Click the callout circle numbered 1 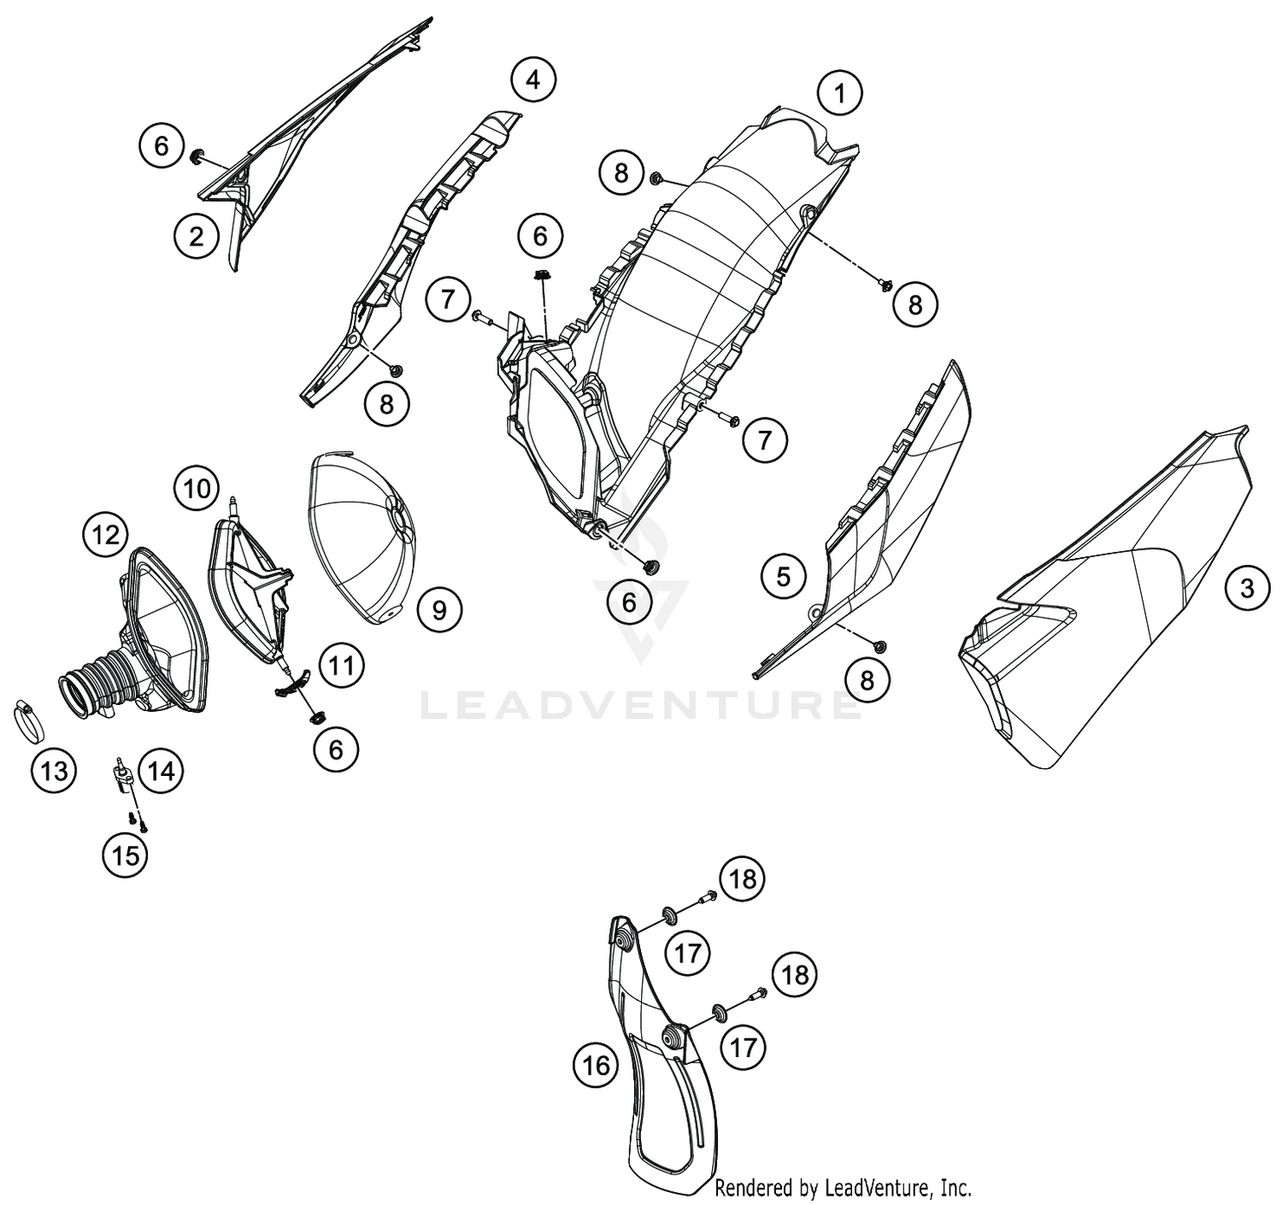point(840,95)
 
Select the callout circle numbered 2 point(197,237)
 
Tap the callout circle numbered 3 point(1246,588)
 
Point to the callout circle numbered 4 point(532,80)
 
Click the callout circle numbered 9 point(439,609)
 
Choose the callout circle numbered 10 point(197,489)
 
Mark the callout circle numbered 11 point(342,665)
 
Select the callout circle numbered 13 point(54,770)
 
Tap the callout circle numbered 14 point(161,770)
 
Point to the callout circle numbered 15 point(126,855)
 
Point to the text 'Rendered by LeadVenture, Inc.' point(843,1187)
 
